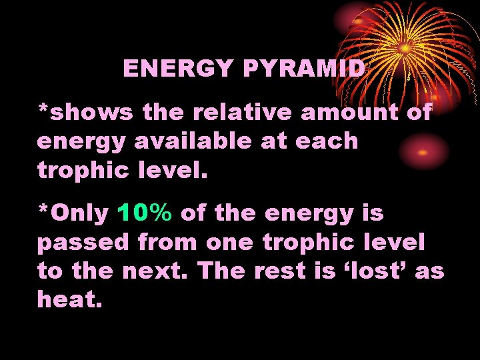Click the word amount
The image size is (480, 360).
pos(349,112)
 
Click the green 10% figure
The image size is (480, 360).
pos(145,213)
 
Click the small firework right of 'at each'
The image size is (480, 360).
pos(421,151)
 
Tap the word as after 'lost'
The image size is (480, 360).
pos(430,272)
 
